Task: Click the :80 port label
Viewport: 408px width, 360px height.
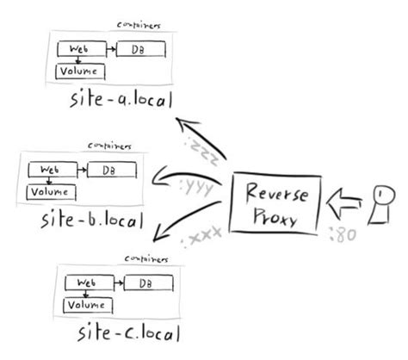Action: click(342, 231)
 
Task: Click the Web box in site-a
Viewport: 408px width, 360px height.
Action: click(80, 51)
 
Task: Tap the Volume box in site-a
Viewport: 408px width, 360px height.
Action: click(79, 71)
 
